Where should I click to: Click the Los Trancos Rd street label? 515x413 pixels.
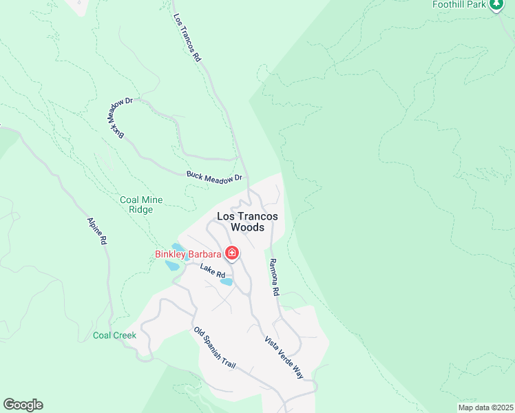[187, 39]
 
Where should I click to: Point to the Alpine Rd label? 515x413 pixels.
[97, 231]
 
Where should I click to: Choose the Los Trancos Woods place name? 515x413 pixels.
[247, 221]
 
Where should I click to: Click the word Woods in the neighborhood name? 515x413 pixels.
[247, 227]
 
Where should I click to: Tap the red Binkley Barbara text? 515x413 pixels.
[188, 254]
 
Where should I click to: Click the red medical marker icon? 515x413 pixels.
[232, 254]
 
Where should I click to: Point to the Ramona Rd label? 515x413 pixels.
[273, 277]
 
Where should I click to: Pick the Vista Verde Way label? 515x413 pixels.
[284, 357]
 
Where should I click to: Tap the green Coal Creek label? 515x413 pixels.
[115, 336]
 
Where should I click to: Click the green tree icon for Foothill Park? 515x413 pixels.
[496, 5]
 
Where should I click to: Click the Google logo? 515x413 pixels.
[23, 405]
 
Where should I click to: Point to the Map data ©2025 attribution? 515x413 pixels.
[485, 407]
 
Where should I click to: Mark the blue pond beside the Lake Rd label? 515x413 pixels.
[227, 282]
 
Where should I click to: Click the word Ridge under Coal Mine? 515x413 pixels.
[141, 210]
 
